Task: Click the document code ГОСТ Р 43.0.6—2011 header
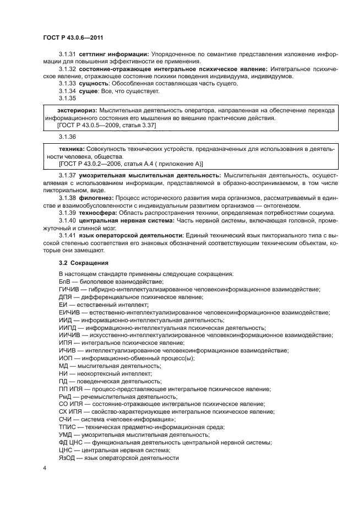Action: click(x=73, y=37)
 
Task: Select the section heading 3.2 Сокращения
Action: click(x=83, y=263)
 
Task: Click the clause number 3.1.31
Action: click(x=67, y=54)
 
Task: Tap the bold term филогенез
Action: click(x=96, y=197)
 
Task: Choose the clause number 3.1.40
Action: click(x=67, y=220)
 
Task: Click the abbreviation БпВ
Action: click(x=64, y=281)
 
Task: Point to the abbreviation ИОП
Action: click(x=65, y=358)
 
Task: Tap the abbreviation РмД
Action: click(x=65, y=396)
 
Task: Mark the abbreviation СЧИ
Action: click(x=66, y=419)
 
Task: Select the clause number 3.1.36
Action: click(x=67, y=137)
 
